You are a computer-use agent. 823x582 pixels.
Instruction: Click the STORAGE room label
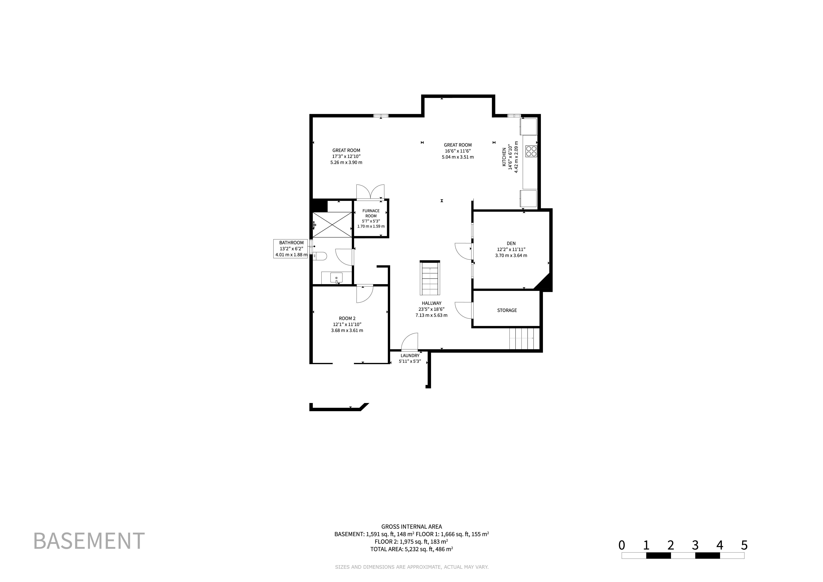pos(507,310)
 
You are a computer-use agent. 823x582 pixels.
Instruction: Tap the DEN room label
pos(511,243)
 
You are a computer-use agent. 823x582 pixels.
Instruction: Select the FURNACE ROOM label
pos(371,213)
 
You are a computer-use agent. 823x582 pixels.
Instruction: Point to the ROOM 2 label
pos(347,318)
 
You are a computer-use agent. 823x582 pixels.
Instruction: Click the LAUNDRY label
pos(410,356)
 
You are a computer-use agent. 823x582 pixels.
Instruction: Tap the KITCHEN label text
pos(504,157)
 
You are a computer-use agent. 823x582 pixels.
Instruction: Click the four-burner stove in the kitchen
pos(531,151)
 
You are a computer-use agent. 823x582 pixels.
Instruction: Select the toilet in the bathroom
pos(320,256)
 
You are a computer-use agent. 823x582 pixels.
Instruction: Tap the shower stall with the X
pos(332,224)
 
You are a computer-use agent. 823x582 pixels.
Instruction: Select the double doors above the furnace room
pos(370,192)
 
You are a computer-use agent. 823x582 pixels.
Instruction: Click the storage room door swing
pos(464,310)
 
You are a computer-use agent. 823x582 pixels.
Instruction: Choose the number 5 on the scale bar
pos(744,545)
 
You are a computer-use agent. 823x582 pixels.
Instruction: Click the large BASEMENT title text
pos(89,541)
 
